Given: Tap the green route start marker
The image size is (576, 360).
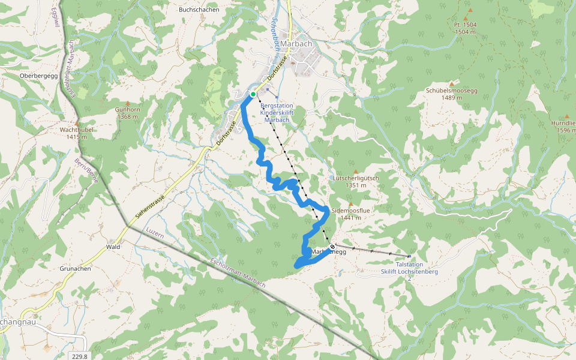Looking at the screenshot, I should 253,94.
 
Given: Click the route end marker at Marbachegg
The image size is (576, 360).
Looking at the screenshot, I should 332,247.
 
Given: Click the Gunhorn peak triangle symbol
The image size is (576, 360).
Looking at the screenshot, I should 127,103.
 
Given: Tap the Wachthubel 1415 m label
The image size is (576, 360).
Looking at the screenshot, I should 77,133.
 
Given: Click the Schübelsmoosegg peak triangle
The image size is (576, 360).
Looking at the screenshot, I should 451,84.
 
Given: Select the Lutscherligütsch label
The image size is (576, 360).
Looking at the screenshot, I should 356,181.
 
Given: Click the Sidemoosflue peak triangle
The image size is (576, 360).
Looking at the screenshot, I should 350,204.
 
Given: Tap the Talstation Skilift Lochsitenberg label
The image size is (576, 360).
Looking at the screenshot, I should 409,268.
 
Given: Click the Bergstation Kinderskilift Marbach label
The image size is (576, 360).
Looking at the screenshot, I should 277,112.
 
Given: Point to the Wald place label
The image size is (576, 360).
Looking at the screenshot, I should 113,247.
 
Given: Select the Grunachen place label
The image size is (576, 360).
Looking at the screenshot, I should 75,269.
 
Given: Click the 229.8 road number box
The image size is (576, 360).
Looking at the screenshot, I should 79,356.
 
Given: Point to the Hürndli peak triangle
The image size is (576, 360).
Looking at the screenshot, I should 566,116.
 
